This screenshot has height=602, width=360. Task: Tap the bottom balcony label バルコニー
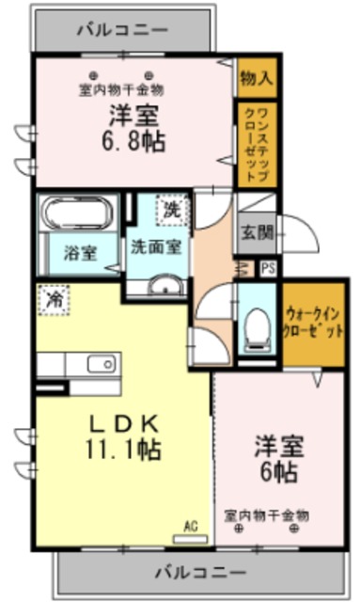click(x=199, y=572)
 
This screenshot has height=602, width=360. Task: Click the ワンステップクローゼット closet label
click(x=256, y=146)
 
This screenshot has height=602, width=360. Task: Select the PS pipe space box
click(x=269, y=267)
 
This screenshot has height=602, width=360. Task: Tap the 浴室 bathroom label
click(x=79, y=252)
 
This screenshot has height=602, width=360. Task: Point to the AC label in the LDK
click(x=190, y=527)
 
